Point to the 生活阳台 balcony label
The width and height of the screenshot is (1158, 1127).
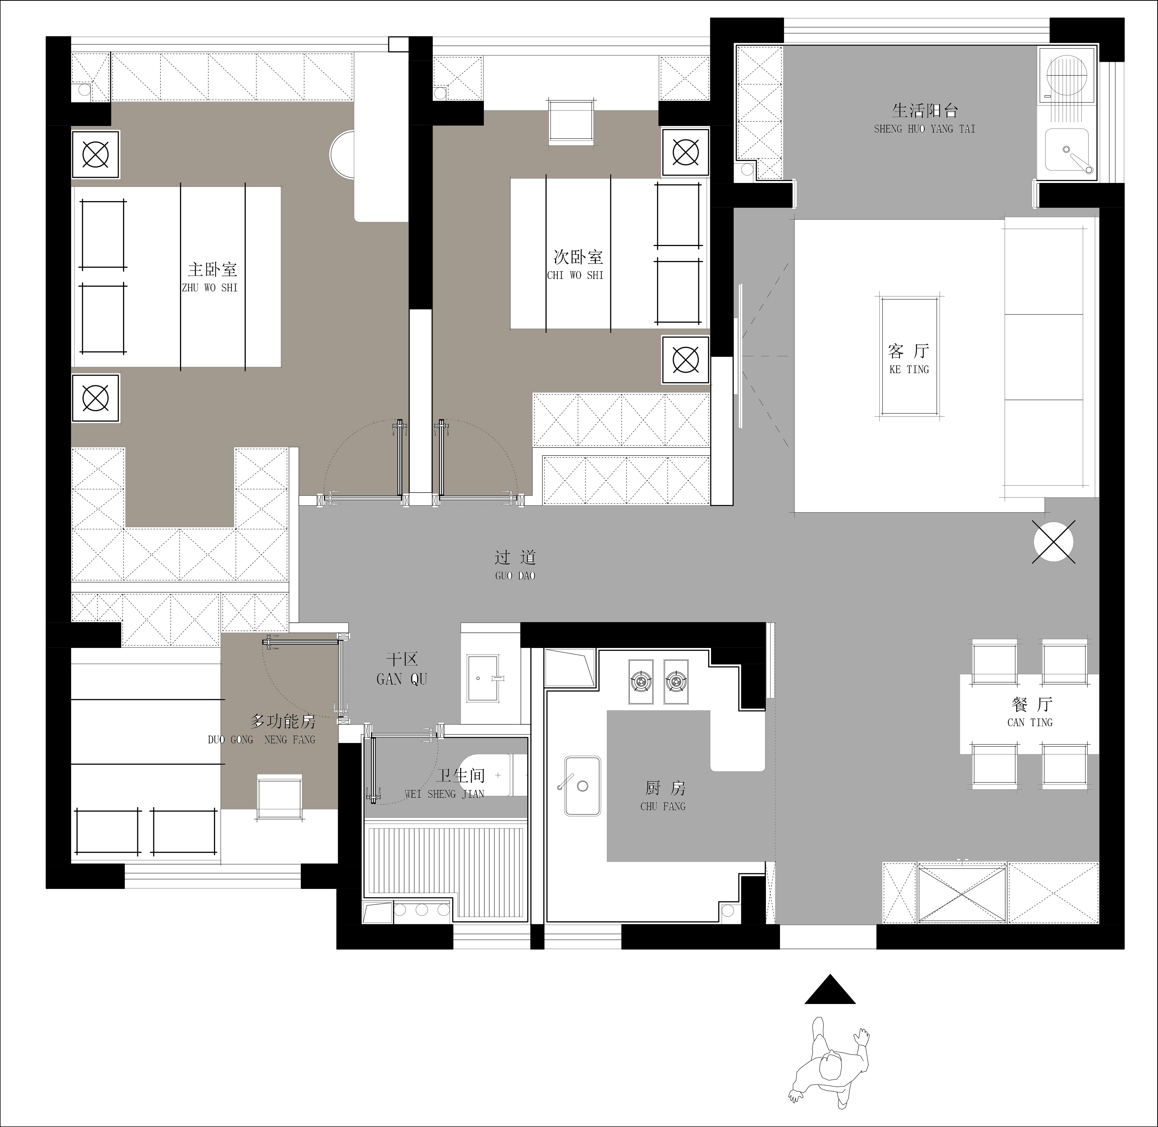tap(924, 118)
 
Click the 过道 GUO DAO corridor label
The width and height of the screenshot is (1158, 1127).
tap(515, 565)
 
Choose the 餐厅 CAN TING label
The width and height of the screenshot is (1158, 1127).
tap(1030, 712)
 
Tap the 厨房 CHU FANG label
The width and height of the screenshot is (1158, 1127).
tap(663, 796)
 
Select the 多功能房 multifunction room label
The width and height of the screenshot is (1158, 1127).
tap(262, 730)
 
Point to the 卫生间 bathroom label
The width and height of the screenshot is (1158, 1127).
tap(444, 784)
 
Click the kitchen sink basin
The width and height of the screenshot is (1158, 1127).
tap(582, 785)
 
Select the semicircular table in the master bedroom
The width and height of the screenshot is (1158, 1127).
tap(341, 154)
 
